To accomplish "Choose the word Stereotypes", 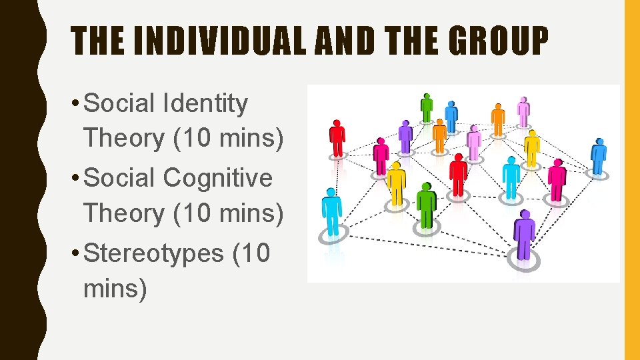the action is point(154,253).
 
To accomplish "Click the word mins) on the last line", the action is point(115,289).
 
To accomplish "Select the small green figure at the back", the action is point(426,107).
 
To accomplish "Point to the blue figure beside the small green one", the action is point(451,116).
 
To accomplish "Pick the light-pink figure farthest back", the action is point(523,111).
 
